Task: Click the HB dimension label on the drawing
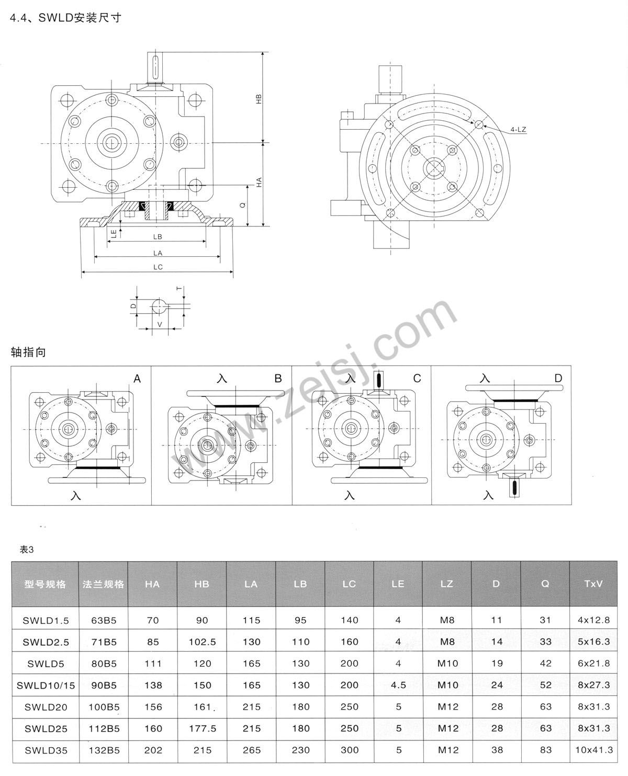[x=259, y=99]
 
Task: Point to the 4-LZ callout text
[x=518, y=129]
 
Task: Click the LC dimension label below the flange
[x=158, y=267]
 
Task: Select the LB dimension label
[x=158, y=237]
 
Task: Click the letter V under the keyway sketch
[x=160, y=324]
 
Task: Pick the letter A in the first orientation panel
[x=137, y=379]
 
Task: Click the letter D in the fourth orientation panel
[x=558, y=378]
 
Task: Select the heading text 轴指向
[x=29, y=352]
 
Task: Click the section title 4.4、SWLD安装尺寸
[x=65, y=17]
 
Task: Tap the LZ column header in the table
[x=446, y=584]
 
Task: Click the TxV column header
[x=593, y=584]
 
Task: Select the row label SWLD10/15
[x=46, y=685]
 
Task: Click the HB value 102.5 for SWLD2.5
[x=202, y=642]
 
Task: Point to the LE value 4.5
[x=398, y=685]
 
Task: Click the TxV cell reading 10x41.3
[x=593, y=750]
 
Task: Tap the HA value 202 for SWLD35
[x=153, y=750]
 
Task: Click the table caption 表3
[x=26, y=550]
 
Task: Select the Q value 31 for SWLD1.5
[x=545, y=620]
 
